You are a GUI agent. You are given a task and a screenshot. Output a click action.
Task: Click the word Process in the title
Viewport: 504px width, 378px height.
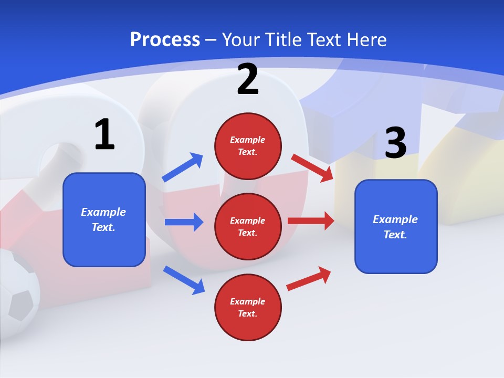(165, 39)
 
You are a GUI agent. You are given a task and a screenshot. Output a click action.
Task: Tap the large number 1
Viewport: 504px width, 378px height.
(104, 134)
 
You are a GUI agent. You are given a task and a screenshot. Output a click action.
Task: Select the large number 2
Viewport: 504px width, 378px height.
(248, 80)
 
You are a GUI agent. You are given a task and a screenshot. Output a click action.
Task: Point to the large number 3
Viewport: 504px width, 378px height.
(395, 143)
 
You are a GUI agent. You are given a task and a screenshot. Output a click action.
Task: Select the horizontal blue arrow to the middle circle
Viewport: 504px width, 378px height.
(184, 222)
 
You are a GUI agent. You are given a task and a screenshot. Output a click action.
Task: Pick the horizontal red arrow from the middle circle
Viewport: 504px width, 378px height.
(311, 220)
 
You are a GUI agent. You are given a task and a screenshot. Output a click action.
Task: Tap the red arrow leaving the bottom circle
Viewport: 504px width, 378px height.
(309, 278)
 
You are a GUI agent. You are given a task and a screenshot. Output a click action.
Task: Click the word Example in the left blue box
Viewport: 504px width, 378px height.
(103, 212)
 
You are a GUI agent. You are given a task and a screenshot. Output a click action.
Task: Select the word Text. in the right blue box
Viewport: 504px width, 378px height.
(395, 235)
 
